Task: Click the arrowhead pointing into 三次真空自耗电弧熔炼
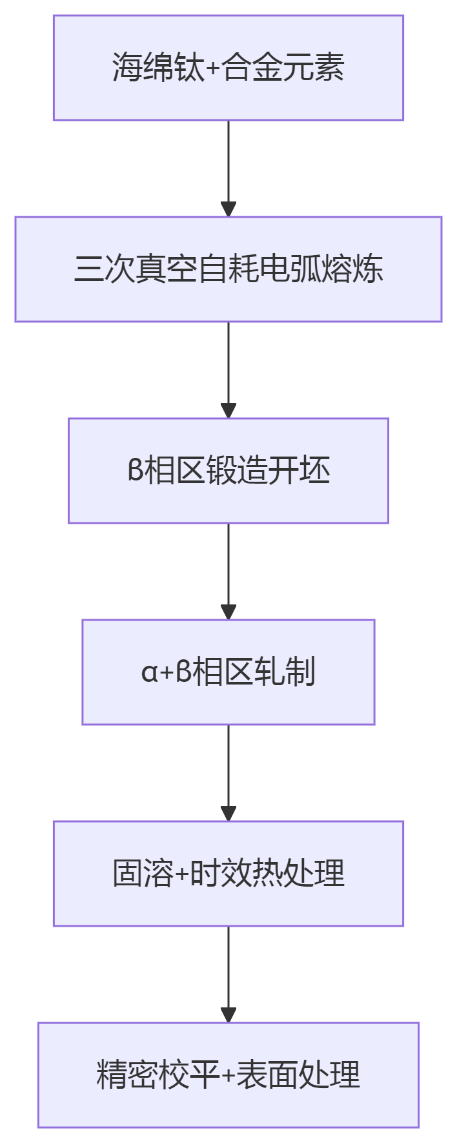228,209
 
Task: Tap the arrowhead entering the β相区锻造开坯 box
228,410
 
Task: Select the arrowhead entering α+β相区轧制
228,612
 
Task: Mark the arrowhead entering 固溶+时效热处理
228,813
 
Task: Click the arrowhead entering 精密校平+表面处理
228,1014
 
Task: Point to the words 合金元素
283,67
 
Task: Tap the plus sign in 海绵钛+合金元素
213,68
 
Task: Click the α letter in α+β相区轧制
149,672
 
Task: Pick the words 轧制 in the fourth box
285,672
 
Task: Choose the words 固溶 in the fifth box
143,873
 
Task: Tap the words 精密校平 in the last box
158,1075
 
